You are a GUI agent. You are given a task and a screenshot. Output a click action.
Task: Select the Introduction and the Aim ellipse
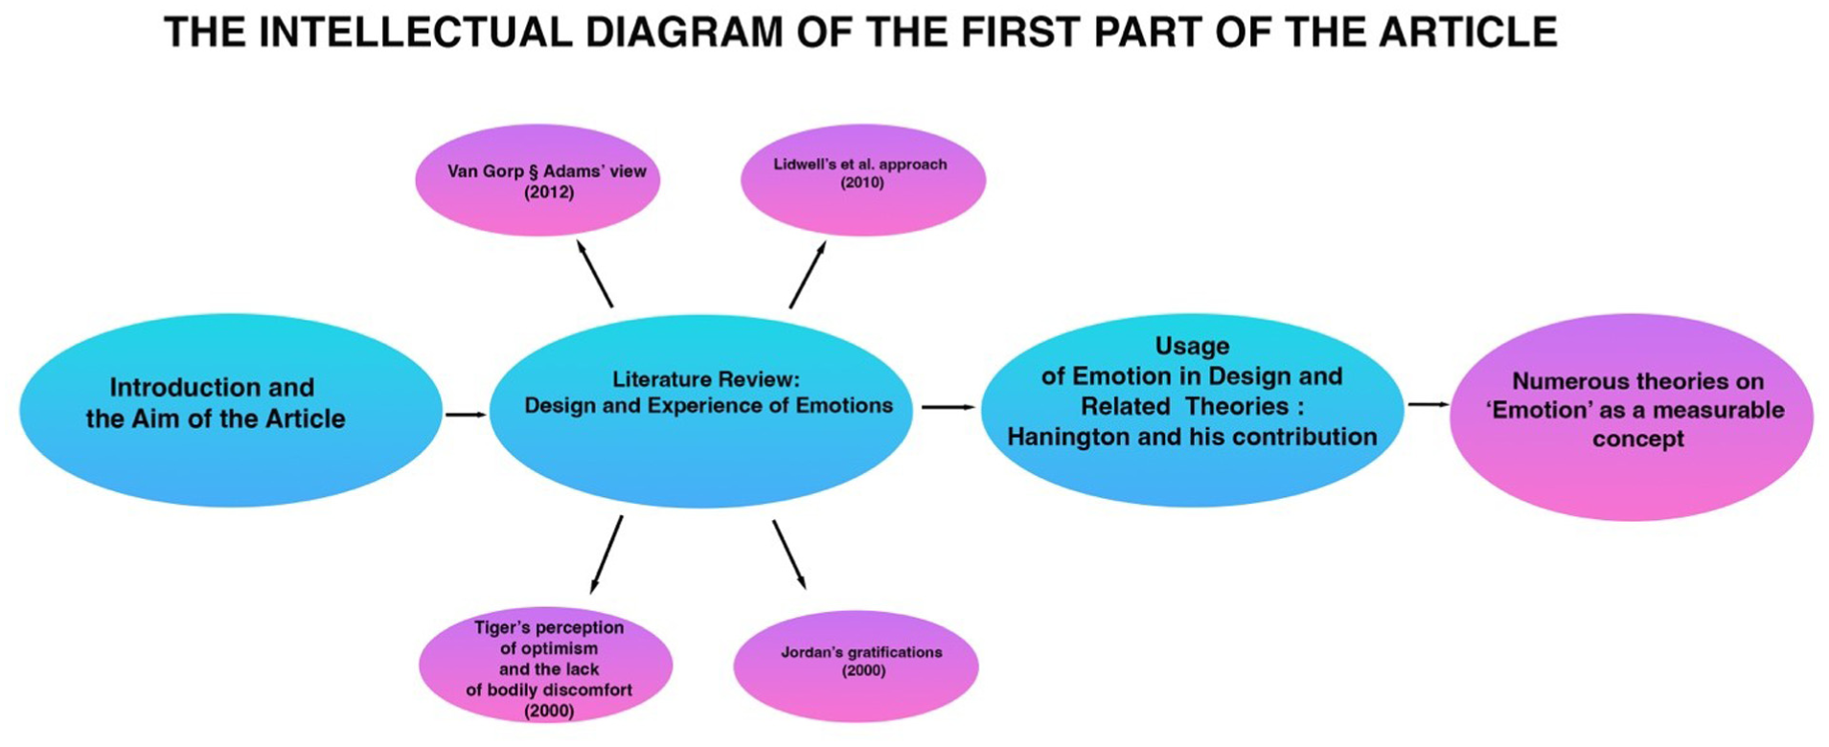(231, 410)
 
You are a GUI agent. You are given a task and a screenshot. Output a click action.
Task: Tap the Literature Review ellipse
(700, 411)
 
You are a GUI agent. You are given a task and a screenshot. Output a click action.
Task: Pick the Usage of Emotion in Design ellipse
(1192, 410)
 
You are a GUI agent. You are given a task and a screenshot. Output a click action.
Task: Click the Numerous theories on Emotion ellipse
(1631, 417)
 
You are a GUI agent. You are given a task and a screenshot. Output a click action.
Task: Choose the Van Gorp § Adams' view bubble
(537, 180)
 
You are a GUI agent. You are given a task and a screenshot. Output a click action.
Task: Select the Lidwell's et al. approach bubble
(863, 180)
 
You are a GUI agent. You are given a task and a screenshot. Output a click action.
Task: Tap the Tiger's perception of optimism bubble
(545, 667)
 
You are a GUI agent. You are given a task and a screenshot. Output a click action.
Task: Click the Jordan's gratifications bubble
(856, 667)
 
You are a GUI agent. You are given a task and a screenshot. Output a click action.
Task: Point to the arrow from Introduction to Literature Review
(467, 415)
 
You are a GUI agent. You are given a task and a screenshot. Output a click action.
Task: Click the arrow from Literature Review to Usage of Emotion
(949, 407)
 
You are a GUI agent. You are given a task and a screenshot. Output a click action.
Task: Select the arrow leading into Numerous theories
(1429, 404)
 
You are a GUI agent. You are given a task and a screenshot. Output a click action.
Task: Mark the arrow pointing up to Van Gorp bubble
(594, 273)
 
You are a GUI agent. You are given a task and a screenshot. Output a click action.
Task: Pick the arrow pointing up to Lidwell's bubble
(808, 274)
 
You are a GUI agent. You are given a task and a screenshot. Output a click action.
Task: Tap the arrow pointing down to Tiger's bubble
(606, 555)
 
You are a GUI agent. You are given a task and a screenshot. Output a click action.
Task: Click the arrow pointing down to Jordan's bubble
(789, 555)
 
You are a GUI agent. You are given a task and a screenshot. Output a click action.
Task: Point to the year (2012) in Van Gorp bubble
(549, 192)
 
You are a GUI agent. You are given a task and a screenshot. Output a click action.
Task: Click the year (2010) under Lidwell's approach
(862, 183)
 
